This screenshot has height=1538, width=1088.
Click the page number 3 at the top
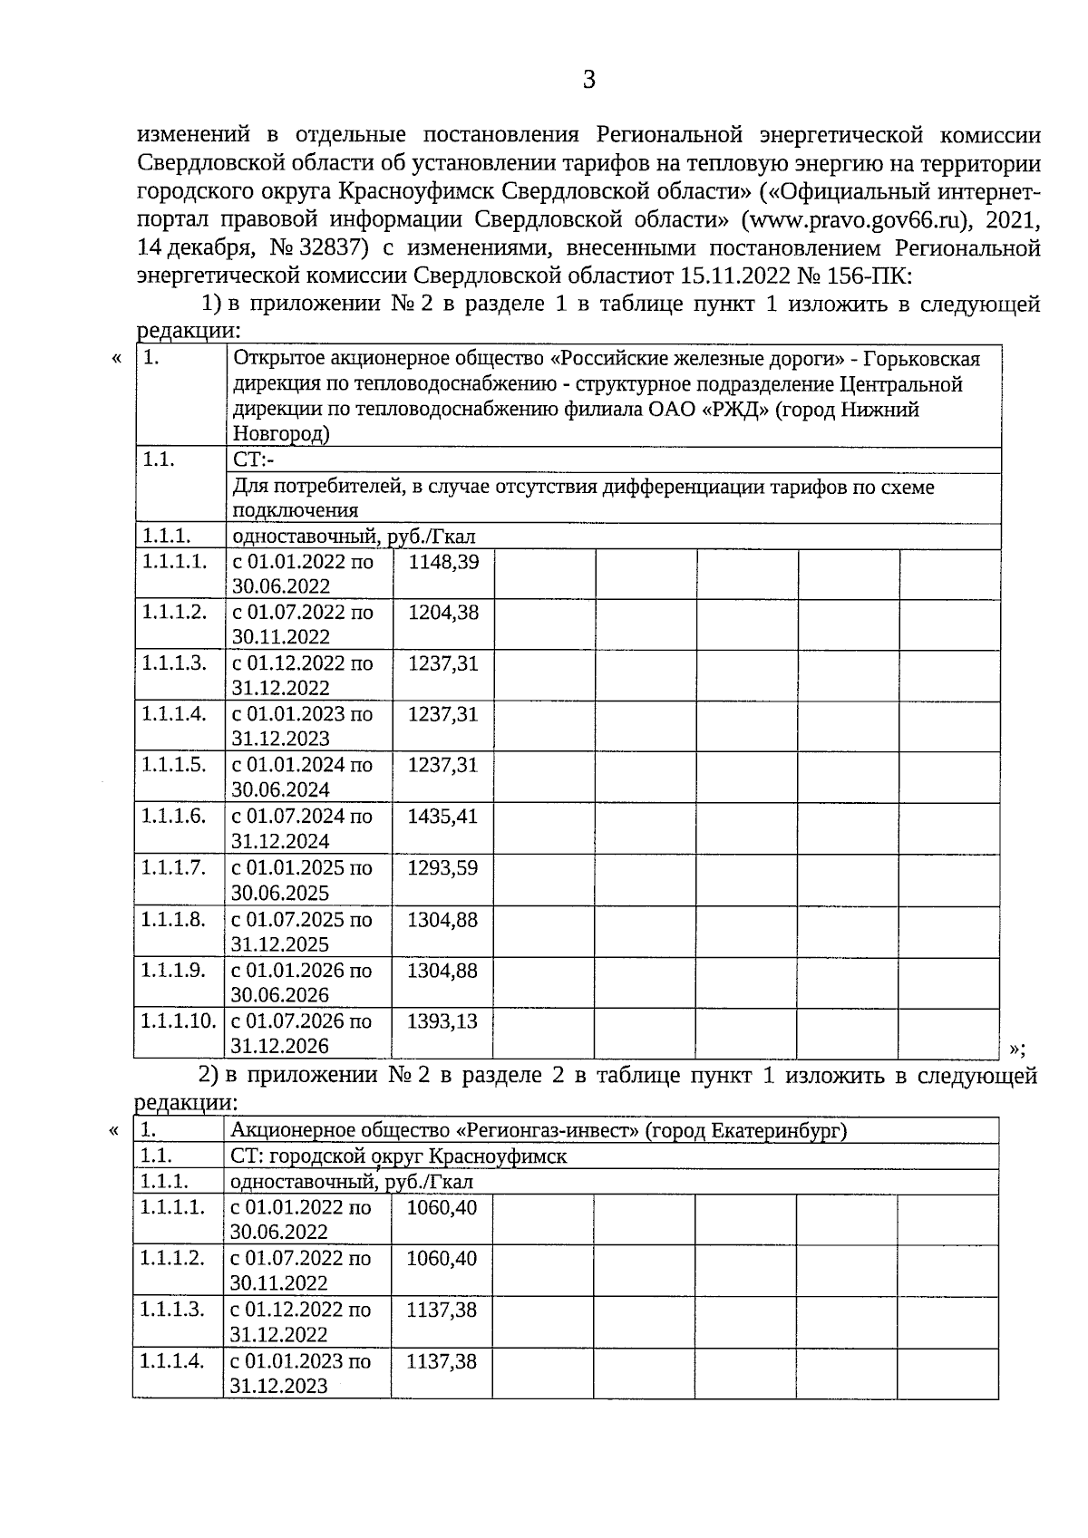coord(588,81)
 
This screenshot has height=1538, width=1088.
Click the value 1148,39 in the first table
coord(443,562)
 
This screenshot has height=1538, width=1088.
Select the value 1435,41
coord(442,817)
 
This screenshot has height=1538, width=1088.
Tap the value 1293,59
coord(442,867)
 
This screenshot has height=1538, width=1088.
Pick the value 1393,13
coord(442,1021)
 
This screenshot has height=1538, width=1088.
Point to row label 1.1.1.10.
coord(179,1021)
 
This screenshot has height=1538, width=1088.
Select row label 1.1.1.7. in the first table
coord(173,867)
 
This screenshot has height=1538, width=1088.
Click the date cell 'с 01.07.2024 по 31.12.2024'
coord(302,828)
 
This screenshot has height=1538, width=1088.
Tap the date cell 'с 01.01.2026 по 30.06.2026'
coord(301,982)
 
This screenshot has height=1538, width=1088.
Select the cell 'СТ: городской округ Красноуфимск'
coord(399,1156)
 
